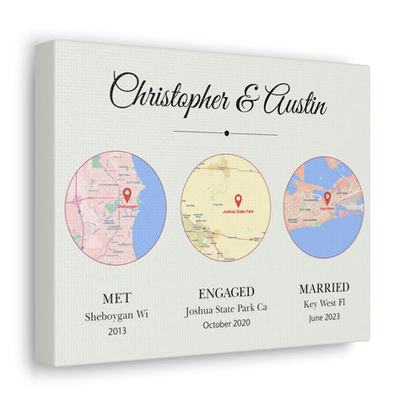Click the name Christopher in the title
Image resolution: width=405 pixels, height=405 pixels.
click(x=169, y=94)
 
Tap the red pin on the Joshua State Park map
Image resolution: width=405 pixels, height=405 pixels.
click(x=237, y=199)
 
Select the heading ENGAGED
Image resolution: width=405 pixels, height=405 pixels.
click(x=225, y=293)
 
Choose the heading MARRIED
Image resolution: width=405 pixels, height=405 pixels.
click(x=323, y=288)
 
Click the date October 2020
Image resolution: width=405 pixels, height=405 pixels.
click(x=225, y=324)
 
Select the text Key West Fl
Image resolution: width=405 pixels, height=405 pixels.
click(x=323, y=303)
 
